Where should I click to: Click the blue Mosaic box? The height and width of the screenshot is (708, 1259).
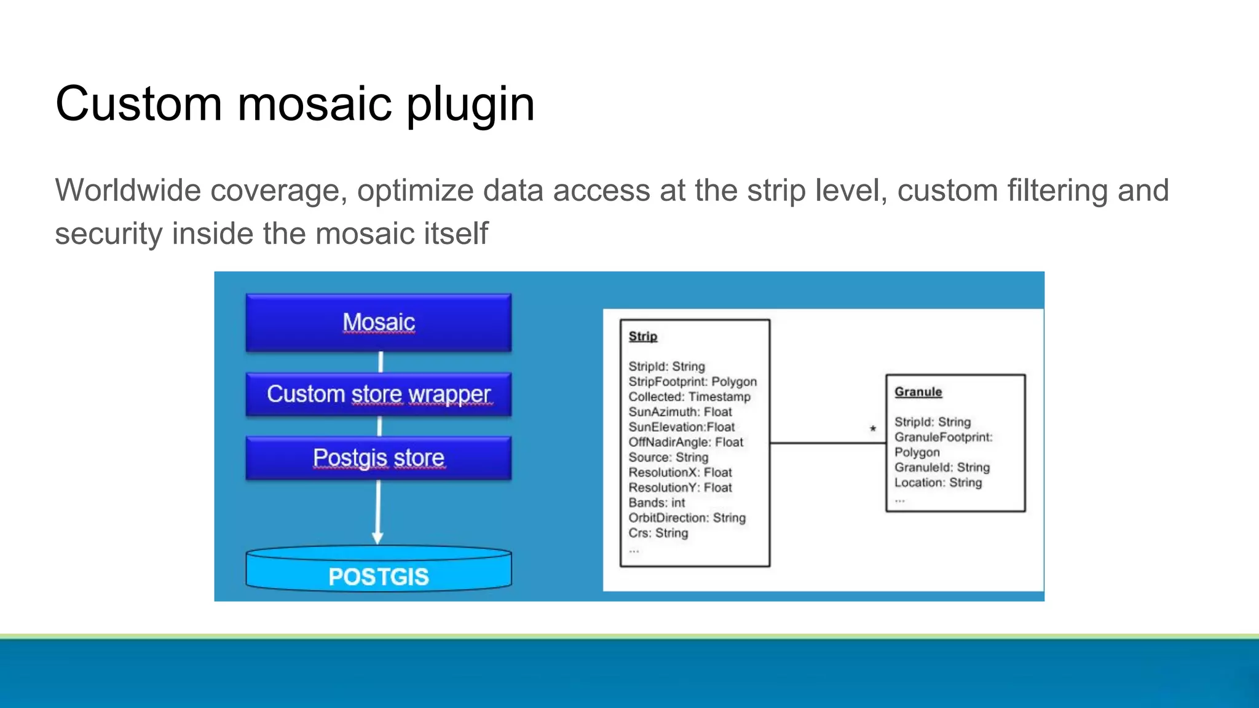pyautogui.click(x=378, y=323)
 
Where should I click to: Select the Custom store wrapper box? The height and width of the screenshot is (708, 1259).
pyautogui.click(x=378, y=395)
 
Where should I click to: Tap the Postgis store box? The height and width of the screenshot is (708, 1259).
pyautogui.click(x=378, y=458)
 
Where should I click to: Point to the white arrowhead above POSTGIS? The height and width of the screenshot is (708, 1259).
pyautogui.click(x=377, y=538)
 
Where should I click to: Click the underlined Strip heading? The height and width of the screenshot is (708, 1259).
pyautogui.click(x=643, y=336)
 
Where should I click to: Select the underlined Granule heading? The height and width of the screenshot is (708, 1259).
pyautogui.click(x=918, y=391)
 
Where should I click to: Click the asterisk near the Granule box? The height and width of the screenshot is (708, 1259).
pyautogui.click(x=873, y=429)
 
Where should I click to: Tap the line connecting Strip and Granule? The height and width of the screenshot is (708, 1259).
pyautogui.click(x=827, y=442)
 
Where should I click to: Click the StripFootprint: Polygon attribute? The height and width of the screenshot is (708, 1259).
pyautogui.click(x=692, y=382)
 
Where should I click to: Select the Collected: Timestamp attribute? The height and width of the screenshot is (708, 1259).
pyautogui.click(x=689, y=397)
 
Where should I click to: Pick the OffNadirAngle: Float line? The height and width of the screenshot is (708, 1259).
pyautogui.click(x=685, y=442)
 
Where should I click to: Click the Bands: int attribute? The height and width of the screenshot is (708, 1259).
pyautogui.click(x=657, y=503)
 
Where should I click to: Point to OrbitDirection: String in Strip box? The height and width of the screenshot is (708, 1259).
pyautogui.click(x=687, y=518)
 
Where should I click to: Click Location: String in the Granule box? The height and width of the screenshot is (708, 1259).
pyautogui.click(x=938, y=482)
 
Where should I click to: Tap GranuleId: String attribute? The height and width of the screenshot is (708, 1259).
pyautogui.click(x=942, y=467)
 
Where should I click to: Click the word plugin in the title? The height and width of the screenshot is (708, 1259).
pyautogui.click(x=470, y=104)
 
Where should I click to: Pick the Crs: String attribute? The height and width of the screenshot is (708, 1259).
pyautogui.click(x=658, y=533)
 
